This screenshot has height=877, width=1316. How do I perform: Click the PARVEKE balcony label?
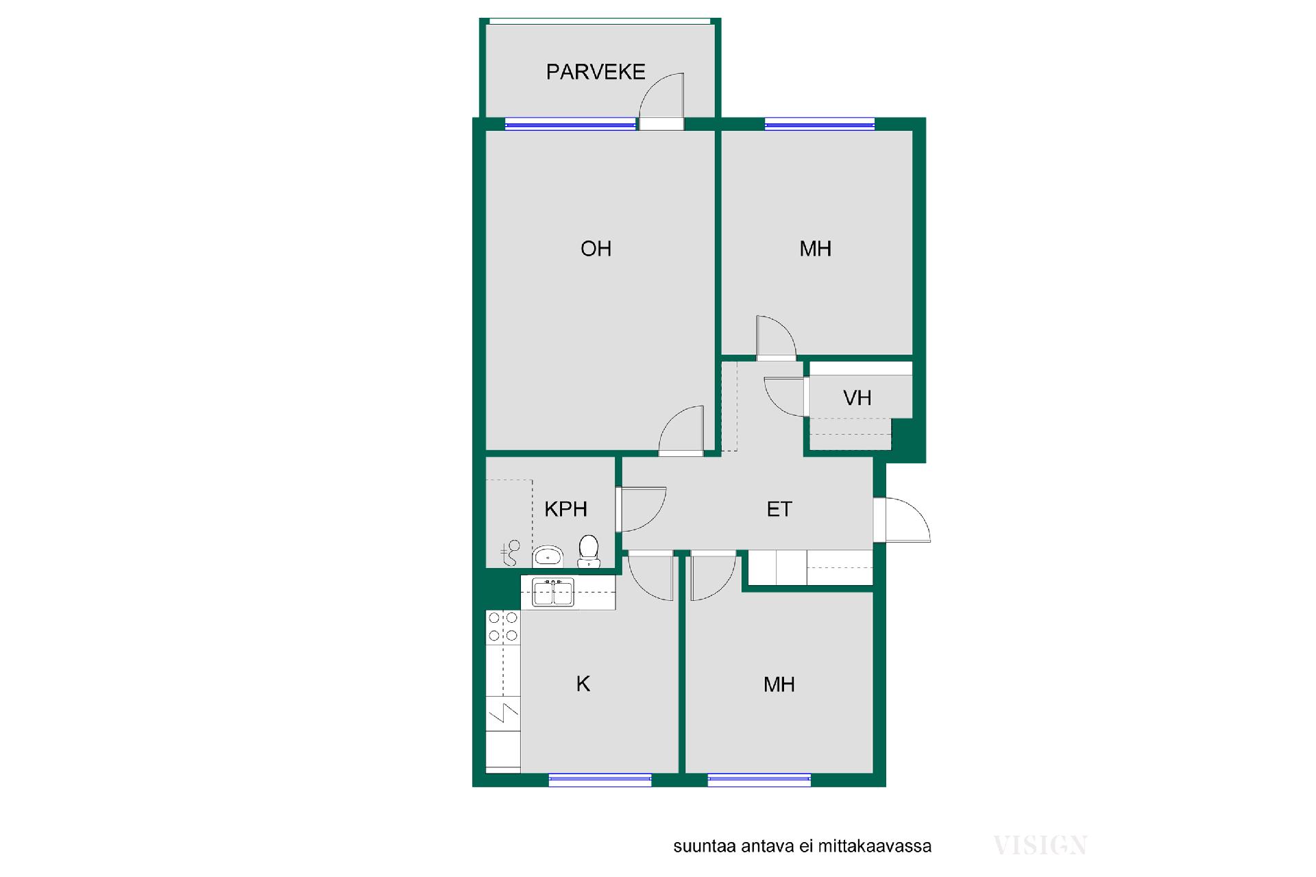coord(596,72)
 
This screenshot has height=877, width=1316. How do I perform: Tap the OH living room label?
coord(596,248)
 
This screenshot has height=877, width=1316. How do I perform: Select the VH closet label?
coord(857,397)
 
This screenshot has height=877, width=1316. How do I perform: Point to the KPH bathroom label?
coord(565,508)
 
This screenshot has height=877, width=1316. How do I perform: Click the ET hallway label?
coord(779,508)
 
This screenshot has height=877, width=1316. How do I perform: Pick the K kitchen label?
coord(583,684)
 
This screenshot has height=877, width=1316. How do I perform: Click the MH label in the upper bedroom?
coord(815,248)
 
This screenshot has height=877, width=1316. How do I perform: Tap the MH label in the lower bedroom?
coord(779,684)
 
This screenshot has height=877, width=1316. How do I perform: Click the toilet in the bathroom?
coord(589,552)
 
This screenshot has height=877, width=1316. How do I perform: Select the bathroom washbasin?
coord(548,556)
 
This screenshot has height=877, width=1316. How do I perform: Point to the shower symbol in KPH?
coord(511,553)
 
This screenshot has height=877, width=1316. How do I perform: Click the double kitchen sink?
coord(553,593)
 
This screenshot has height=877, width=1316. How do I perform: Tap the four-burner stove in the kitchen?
coord(503,628)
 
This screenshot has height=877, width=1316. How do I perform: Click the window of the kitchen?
coord(600,779)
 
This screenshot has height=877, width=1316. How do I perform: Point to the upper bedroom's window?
coord(820,124)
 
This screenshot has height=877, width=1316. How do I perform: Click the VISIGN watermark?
coord(1040,845)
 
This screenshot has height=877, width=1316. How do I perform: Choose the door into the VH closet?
coord(786,397)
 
